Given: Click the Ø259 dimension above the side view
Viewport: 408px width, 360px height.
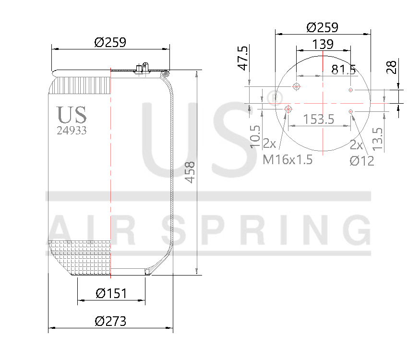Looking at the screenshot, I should coord(110,42).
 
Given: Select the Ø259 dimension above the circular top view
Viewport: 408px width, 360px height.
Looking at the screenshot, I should coord(323,27).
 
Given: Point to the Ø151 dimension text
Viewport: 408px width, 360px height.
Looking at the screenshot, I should coord(111,293).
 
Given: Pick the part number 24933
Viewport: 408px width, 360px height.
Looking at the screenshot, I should coord(72,130).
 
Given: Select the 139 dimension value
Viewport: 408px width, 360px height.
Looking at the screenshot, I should coord(323,44).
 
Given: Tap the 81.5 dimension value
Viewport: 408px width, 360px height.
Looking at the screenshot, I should coord(344,70).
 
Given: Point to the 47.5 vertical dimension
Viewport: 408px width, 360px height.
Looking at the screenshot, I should coord(243,58).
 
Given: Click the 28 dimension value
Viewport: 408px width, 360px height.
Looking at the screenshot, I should coord(391,67).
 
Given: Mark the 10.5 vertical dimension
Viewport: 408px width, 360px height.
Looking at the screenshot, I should coord(255,136).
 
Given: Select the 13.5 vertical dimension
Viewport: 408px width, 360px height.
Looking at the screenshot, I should coord(378,139).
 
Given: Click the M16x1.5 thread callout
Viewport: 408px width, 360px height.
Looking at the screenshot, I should coord(288,159).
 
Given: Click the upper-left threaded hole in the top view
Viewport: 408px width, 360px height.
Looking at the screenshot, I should coord(296,86).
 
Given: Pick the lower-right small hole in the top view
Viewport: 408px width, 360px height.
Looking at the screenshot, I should coord(351,111).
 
